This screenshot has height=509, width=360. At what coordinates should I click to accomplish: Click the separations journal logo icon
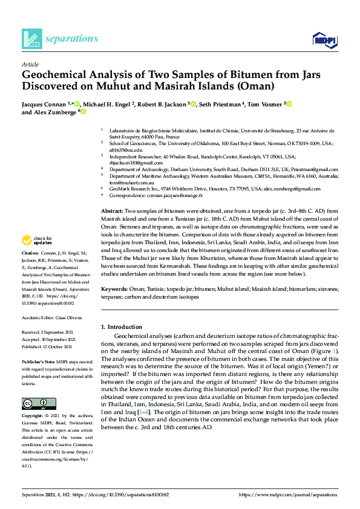coord(31,39)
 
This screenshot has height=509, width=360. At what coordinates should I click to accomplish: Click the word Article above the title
coord(30,64)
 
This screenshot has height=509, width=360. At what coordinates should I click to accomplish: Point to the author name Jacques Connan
coord(44,104)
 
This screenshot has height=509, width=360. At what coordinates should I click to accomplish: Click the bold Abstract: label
coord(112,210)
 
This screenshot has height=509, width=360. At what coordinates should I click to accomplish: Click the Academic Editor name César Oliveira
coord(68,317)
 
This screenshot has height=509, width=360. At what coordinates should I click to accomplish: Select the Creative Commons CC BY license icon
coord(34,403)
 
